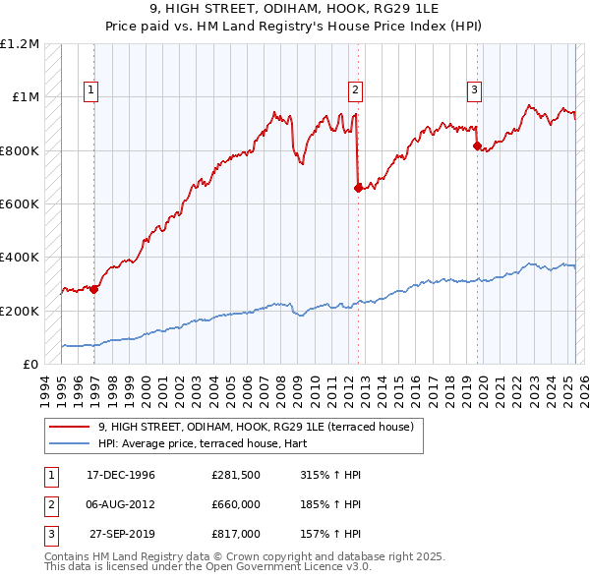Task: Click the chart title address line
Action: pos(295,10)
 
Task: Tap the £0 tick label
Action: pos(29,364)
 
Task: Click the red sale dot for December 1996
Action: pos(94,289)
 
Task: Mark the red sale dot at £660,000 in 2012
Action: pos(357,188)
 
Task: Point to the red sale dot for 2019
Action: pos(477,146)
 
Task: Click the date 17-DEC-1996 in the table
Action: pos(121,475)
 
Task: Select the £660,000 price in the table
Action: pos(236,504)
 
